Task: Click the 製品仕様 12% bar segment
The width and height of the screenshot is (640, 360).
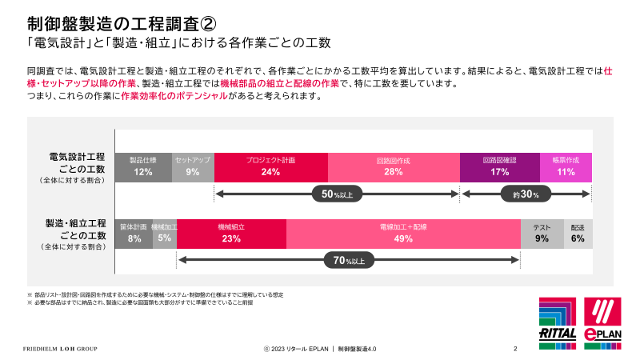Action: tap(143, 166)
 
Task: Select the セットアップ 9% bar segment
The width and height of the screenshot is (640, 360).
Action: tap(193, 166)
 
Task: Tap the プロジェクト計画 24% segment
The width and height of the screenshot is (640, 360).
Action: tap(270, 166)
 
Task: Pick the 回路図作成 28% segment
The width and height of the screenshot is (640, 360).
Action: tap(394, 166)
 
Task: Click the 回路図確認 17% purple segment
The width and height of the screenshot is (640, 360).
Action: tap(500, 166)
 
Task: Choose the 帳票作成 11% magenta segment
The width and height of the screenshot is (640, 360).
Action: tap(566, 166)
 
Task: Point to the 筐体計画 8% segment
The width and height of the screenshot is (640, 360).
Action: tap(134, 233)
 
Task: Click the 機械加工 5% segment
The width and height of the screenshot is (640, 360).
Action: tap(165, 233)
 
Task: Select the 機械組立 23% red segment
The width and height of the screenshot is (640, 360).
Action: tap(231, 233)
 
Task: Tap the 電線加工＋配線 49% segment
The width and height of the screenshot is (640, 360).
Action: tap(403, 233)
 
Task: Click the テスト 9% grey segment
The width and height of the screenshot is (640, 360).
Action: tap(542, 233)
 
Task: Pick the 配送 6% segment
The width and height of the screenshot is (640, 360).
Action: tap(578, 233)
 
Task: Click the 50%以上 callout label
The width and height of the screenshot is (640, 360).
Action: tap(338, 194)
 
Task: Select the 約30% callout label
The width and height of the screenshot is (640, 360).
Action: tap(526, 194)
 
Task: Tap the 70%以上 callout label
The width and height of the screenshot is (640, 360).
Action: tap(349, 260)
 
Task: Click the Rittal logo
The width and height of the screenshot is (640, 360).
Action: tap(558, 321)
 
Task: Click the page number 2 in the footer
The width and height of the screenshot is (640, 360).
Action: tap(515, 349)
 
